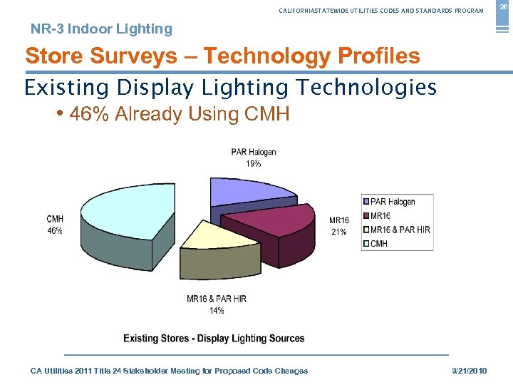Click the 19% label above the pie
click(254, 163)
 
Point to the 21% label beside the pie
click(338, 232)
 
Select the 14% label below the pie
click(217, 310)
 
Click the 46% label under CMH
click(54, 230)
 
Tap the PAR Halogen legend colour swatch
click(366, 202)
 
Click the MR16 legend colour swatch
click(366, 215)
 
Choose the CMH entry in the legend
click(379, 243)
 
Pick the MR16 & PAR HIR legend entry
click(400, 230)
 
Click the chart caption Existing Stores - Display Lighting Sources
click(214, 338)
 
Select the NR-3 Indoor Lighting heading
click(101, 29)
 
